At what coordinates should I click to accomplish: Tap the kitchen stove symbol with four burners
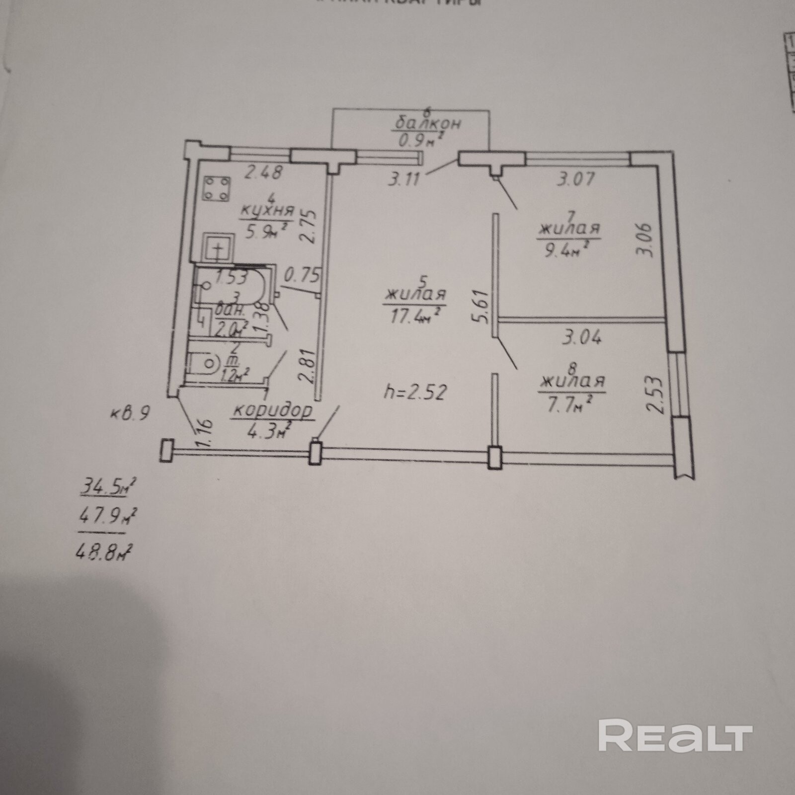click(217, 189)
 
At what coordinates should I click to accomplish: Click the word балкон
click(428, 123)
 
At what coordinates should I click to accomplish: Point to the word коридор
click(273, 411)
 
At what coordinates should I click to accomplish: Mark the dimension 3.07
click(575, 178)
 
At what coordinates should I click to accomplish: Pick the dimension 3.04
click(581, 338)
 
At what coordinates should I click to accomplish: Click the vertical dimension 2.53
click(655, 395)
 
